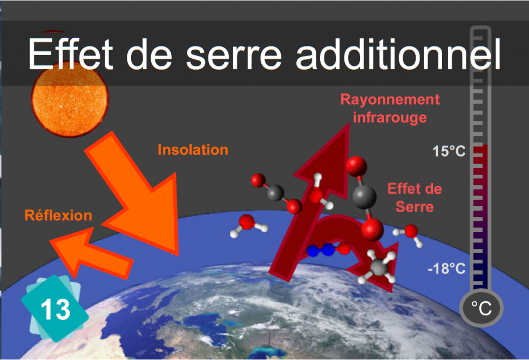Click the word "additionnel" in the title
coord(398,53)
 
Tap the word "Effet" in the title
coord(71,53)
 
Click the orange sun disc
coord(70,98)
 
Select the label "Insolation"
coord(193,150)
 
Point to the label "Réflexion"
coord(58,215)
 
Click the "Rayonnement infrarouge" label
coord(390,108)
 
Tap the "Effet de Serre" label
coord(415,198)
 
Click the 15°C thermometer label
coord(449,151)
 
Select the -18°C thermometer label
coord(447,269)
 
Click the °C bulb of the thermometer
coord(481,308)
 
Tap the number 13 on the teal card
coord(56,309)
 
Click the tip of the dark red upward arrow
coord(349,124)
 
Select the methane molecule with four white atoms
coord(378,267)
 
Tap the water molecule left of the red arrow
coord(249,226)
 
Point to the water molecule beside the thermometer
coord(409,234)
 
